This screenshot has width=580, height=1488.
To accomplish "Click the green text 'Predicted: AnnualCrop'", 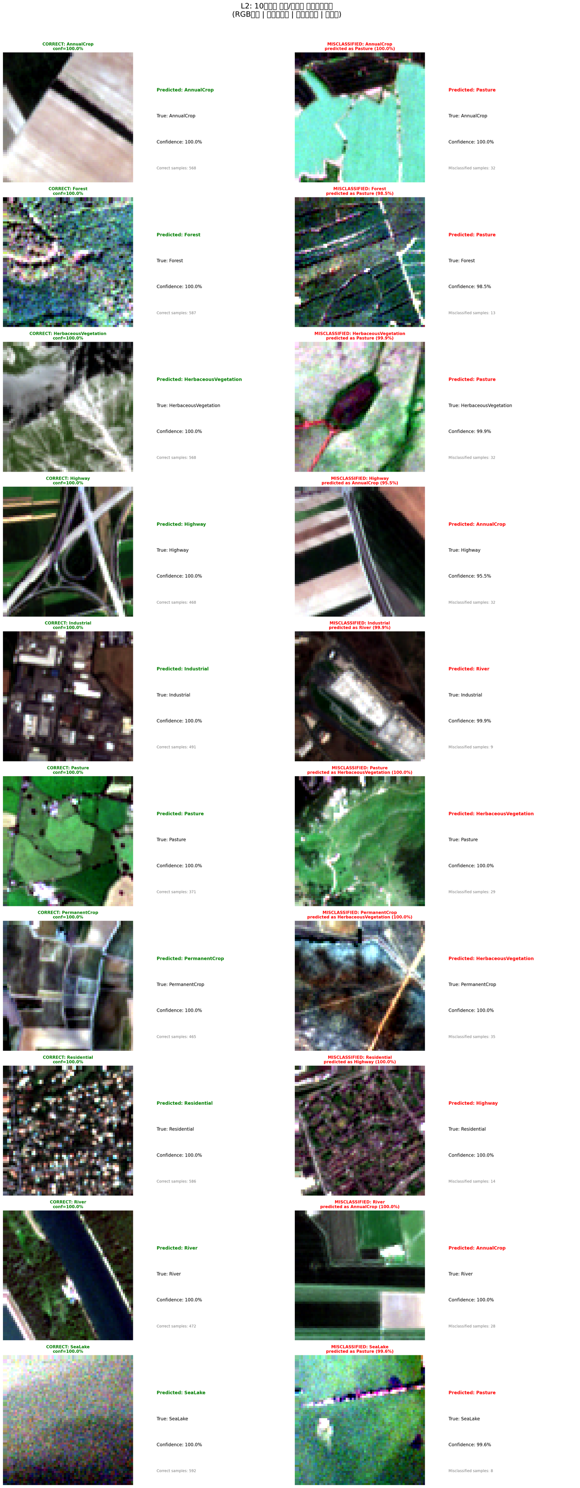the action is pos(185,90).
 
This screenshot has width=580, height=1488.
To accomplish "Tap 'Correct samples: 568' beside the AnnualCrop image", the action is pos(176,168).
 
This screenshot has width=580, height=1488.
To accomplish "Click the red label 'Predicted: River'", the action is pos(468,669).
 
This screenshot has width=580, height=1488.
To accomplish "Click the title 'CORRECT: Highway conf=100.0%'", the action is pos(68,481).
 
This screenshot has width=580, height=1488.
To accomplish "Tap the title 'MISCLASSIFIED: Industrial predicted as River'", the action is pos(359,625).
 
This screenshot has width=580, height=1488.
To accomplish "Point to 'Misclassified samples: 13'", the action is pos(471,313).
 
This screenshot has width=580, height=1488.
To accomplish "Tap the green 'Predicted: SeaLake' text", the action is pos(180,1393).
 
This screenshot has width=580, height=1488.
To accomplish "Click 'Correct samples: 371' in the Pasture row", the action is pos(176,892).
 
